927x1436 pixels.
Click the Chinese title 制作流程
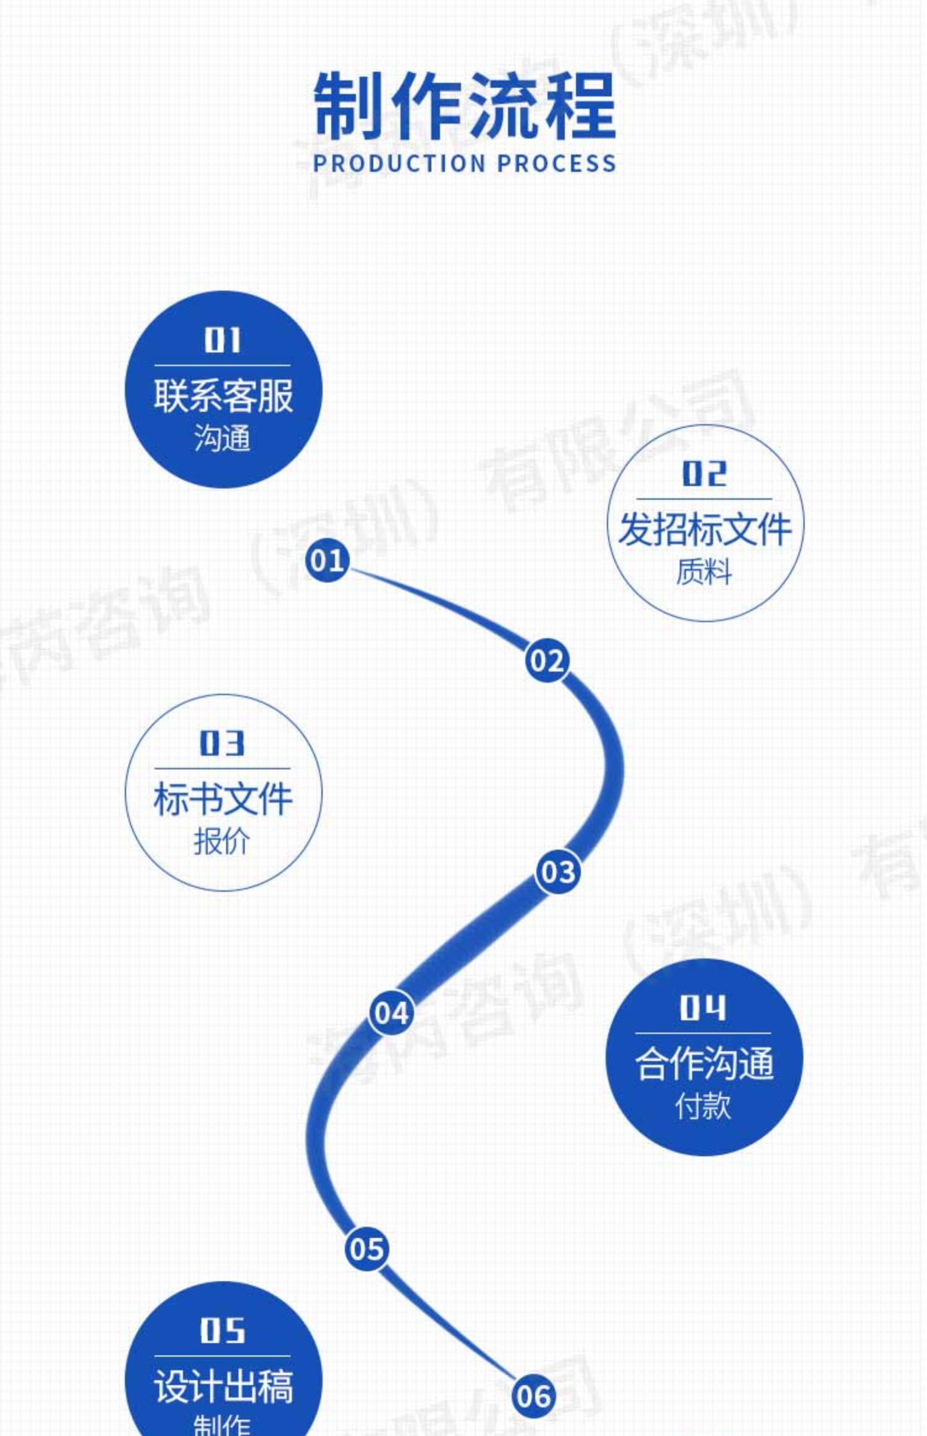465,106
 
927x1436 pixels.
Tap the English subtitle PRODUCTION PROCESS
465,163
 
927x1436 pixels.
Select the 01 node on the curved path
327,560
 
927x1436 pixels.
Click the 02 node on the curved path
547,660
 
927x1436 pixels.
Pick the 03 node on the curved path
558,872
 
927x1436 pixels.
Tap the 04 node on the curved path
391,1013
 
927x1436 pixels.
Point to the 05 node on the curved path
366,1248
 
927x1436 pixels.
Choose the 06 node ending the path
533,1396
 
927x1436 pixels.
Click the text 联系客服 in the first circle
223,396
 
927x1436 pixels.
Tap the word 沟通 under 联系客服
222,438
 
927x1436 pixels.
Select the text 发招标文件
705,529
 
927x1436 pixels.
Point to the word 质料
704,571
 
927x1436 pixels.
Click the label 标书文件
222,799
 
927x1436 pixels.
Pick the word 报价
222,841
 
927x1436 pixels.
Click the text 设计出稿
223,1387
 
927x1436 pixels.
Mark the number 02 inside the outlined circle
704,474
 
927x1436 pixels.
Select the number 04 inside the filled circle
703,1008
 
